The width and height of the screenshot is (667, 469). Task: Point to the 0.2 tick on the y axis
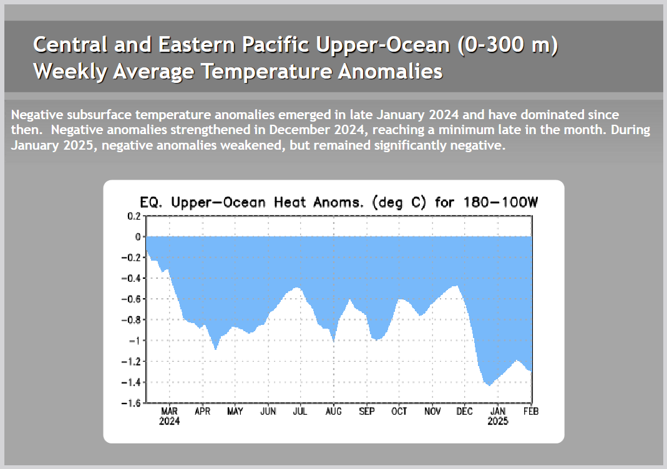(134, 216)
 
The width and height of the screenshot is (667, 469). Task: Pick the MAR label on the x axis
(170, 412)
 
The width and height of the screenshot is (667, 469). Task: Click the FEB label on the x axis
(531, 412)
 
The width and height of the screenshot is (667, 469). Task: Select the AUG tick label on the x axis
(334, 412)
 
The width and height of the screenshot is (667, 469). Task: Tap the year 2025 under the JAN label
(498, 422)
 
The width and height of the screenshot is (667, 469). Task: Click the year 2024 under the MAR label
(170, 422)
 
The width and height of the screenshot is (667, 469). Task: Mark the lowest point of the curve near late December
(490, 386)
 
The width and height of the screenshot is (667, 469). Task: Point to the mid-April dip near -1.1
(216, 349)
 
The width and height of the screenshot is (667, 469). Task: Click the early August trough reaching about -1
(334, 342)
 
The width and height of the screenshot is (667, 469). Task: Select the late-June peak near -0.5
(298, 288)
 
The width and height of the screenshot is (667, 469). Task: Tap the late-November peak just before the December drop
(457, 286)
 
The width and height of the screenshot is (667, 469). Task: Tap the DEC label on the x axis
(465, 412)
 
